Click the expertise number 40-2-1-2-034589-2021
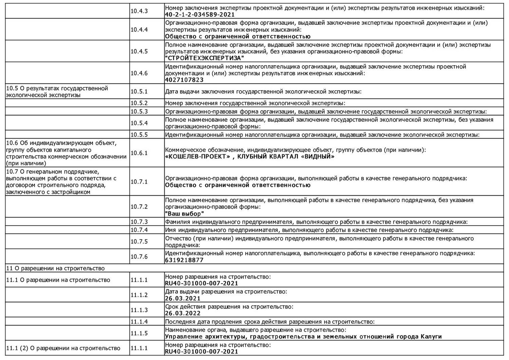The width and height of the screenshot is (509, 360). click(200, 15)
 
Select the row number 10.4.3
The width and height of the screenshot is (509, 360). click(139, 11)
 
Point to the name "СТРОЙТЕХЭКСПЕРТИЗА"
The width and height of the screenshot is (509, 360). click(205, 58)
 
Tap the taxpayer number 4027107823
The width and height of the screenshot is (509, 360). click(184, 80)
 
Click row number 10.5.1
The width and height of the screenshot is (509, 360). click(139, 92)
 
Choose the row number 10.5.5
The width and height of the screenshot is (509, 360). click(139, 135)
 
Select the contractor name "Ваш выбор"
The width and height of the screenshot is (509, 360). click(185, 214)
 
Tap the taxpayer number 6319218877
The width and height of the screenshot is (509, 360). click(184, 260)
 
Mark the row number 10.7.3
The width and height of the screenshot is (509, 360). click(139, 222)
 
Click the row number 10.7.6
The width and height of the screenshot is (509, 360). click(139, 257)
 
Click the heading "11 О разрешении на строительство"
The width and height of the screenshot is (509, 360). click(56, 268)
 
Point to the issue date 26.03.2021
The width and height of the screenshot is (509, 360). click(183, 299)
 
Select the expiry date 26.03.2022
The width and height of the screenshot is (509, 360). click(183, 313)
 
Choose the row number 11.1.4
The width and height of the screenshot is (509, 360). click(139, 322)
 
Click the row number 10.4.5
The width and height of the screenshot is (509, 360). click(139, 51)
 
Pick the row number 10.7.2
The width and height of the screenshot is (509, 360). click(139, 207)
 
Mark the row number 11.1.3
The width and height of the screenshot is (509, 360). click(139, 310)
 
